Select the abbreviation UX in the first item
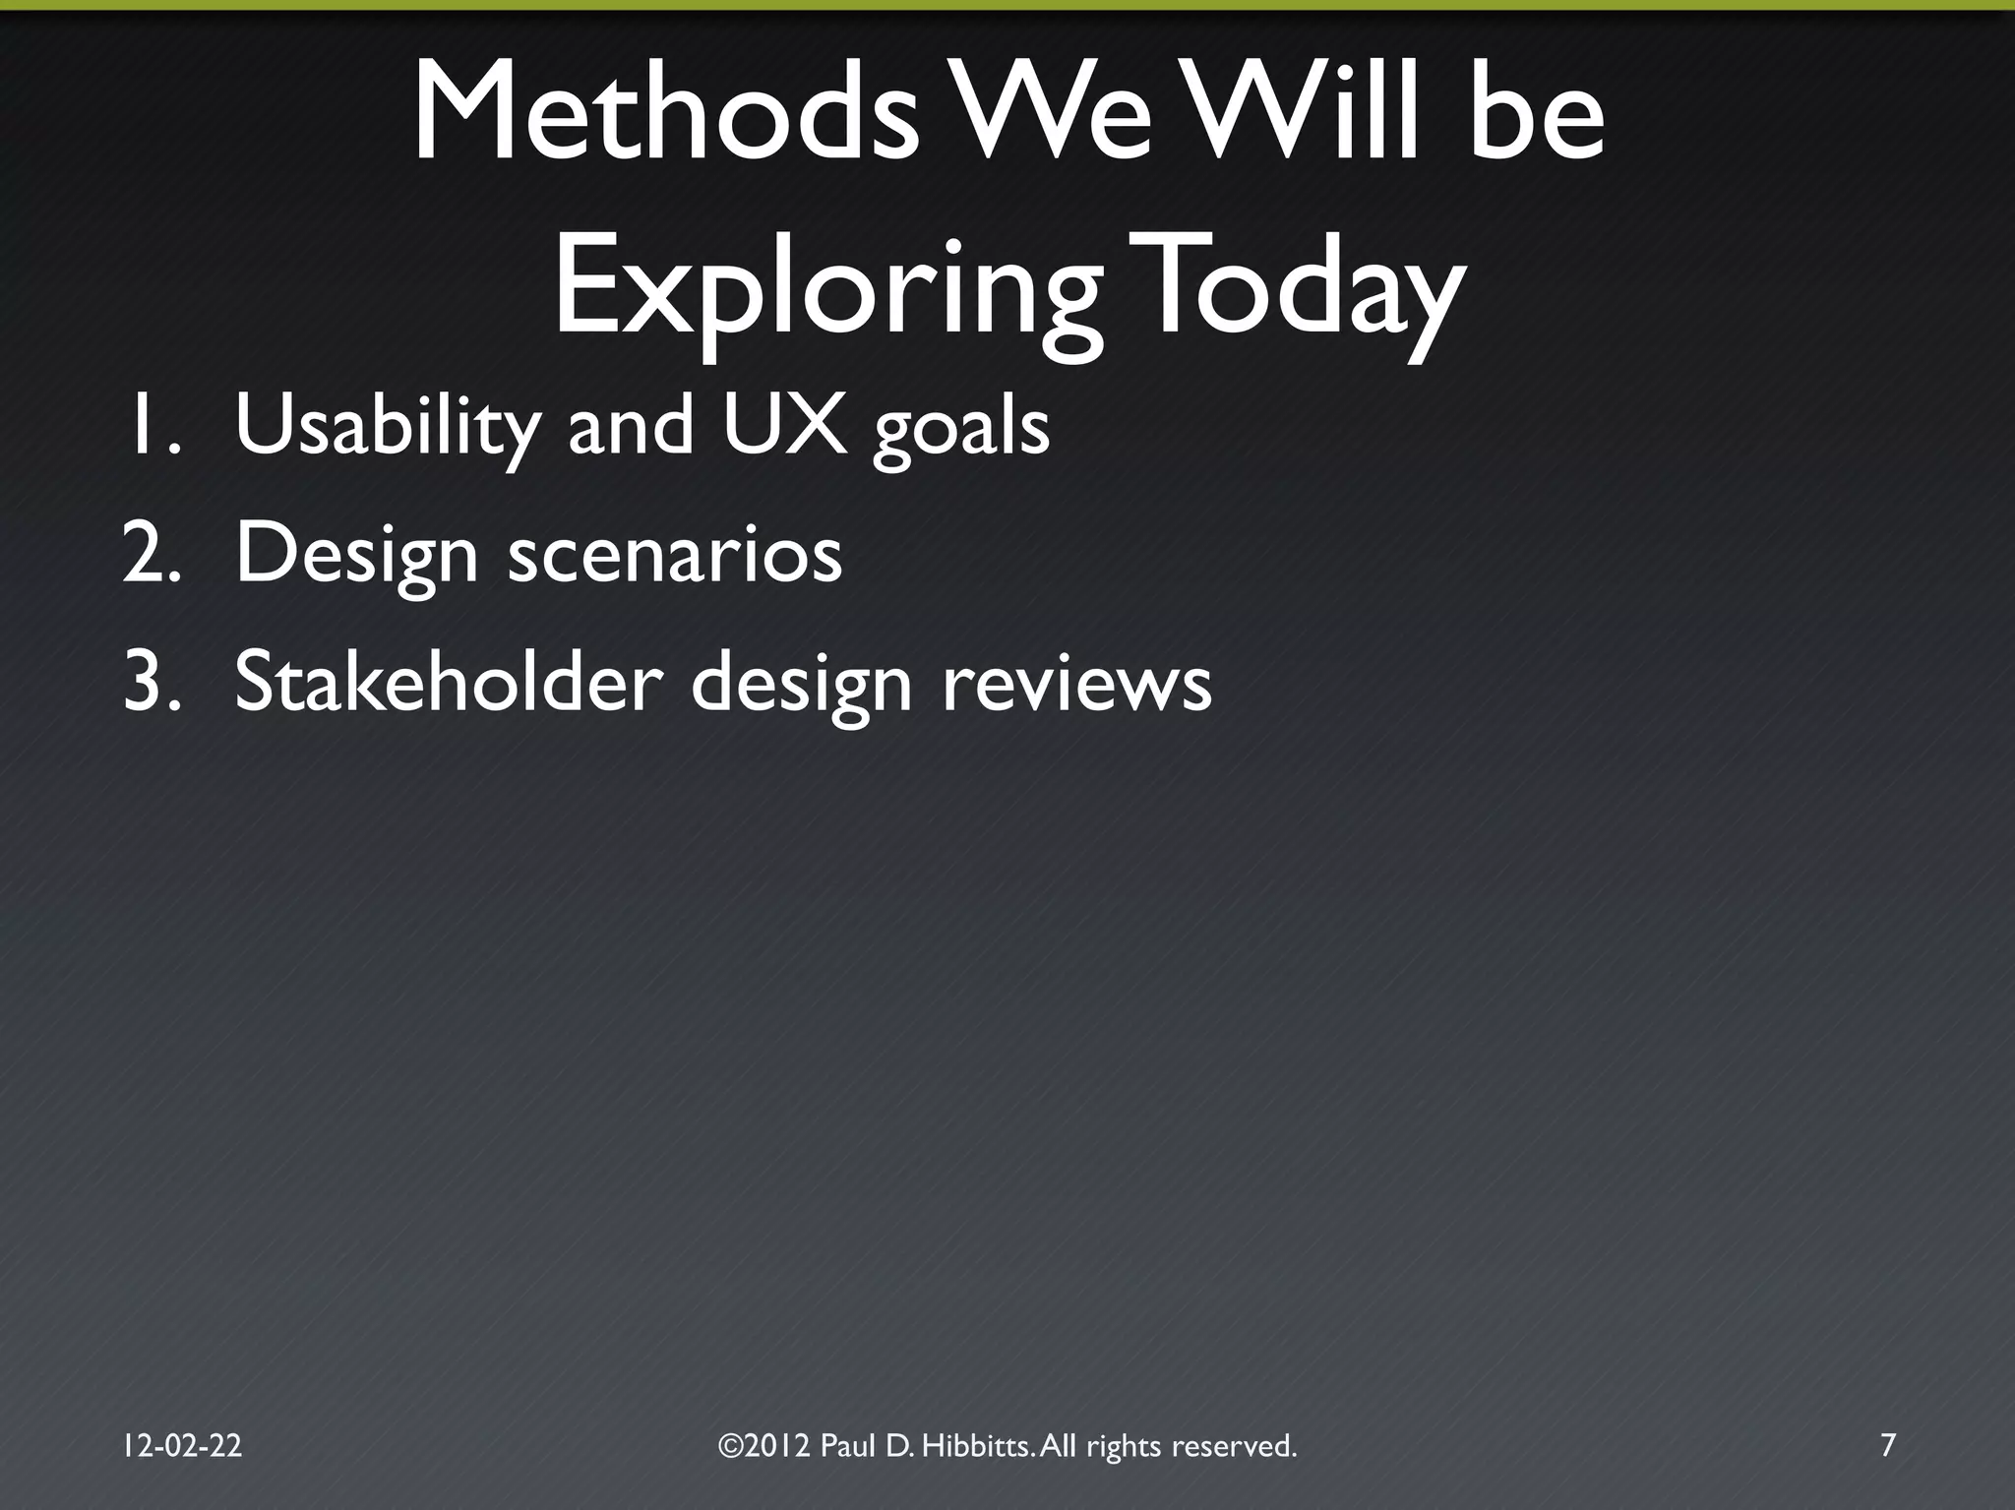point(784,424)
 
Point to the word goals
point(961,430)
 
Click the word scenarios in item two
point(675,554)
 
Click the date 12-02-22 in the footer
point(182,1445)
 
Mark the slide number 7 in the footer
point(1887,1445)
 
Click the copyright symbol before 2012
point(729,1446)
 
